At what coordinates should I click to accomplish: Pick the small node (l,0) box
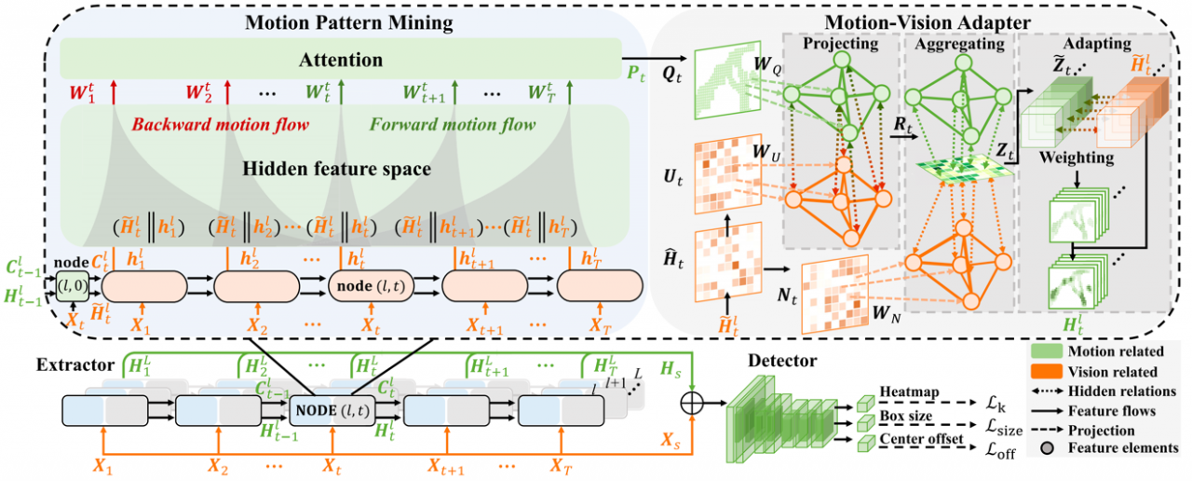71,282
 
